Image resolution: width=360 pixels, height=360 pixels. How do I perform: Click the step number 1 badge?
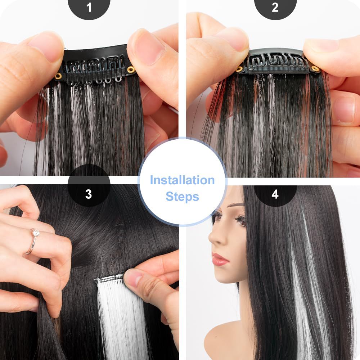point(89,7)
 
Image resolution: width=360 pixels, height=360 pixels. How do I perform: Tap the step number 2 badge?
point(275,7)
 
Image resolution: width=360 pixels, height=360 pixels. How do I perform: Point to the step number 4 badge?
point(275,194)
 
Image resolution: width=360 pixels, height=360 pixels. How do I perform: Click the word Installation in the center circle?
point(182,180)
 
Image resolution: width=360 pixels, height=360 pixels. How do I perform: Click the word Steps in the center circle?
point(182,197)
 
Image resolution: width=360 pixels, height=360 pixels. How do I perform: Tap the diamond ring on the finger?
point(35,233)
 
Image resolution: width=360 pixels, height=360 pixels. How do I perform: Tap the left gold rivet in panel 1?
point(58,76)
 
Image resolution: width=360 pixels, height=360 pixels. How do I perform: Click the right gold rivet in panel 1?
point(130,69)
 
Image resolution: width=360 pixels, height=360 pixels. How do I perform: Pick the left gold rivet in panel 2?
point(239,69)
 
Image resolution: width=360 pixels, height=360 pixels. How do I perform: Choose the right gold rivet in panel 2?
point(315,68)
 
